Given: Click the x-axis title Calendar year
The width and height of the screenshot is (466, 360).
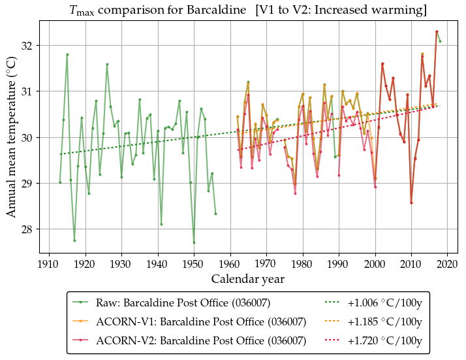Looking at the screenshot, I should [247, 279].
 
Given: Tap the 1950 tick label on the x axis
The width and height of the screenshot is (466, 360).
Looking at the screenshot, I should [193, 264].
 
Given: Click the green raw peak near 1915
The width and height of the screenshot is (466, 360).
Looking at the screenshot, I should [67, 54].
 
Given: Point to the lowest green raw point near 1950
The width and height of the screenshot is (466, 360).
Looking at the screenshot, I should [194, 242].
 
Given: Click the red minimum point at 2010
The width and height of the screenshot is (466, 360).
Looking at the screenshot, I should [411, 203].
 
